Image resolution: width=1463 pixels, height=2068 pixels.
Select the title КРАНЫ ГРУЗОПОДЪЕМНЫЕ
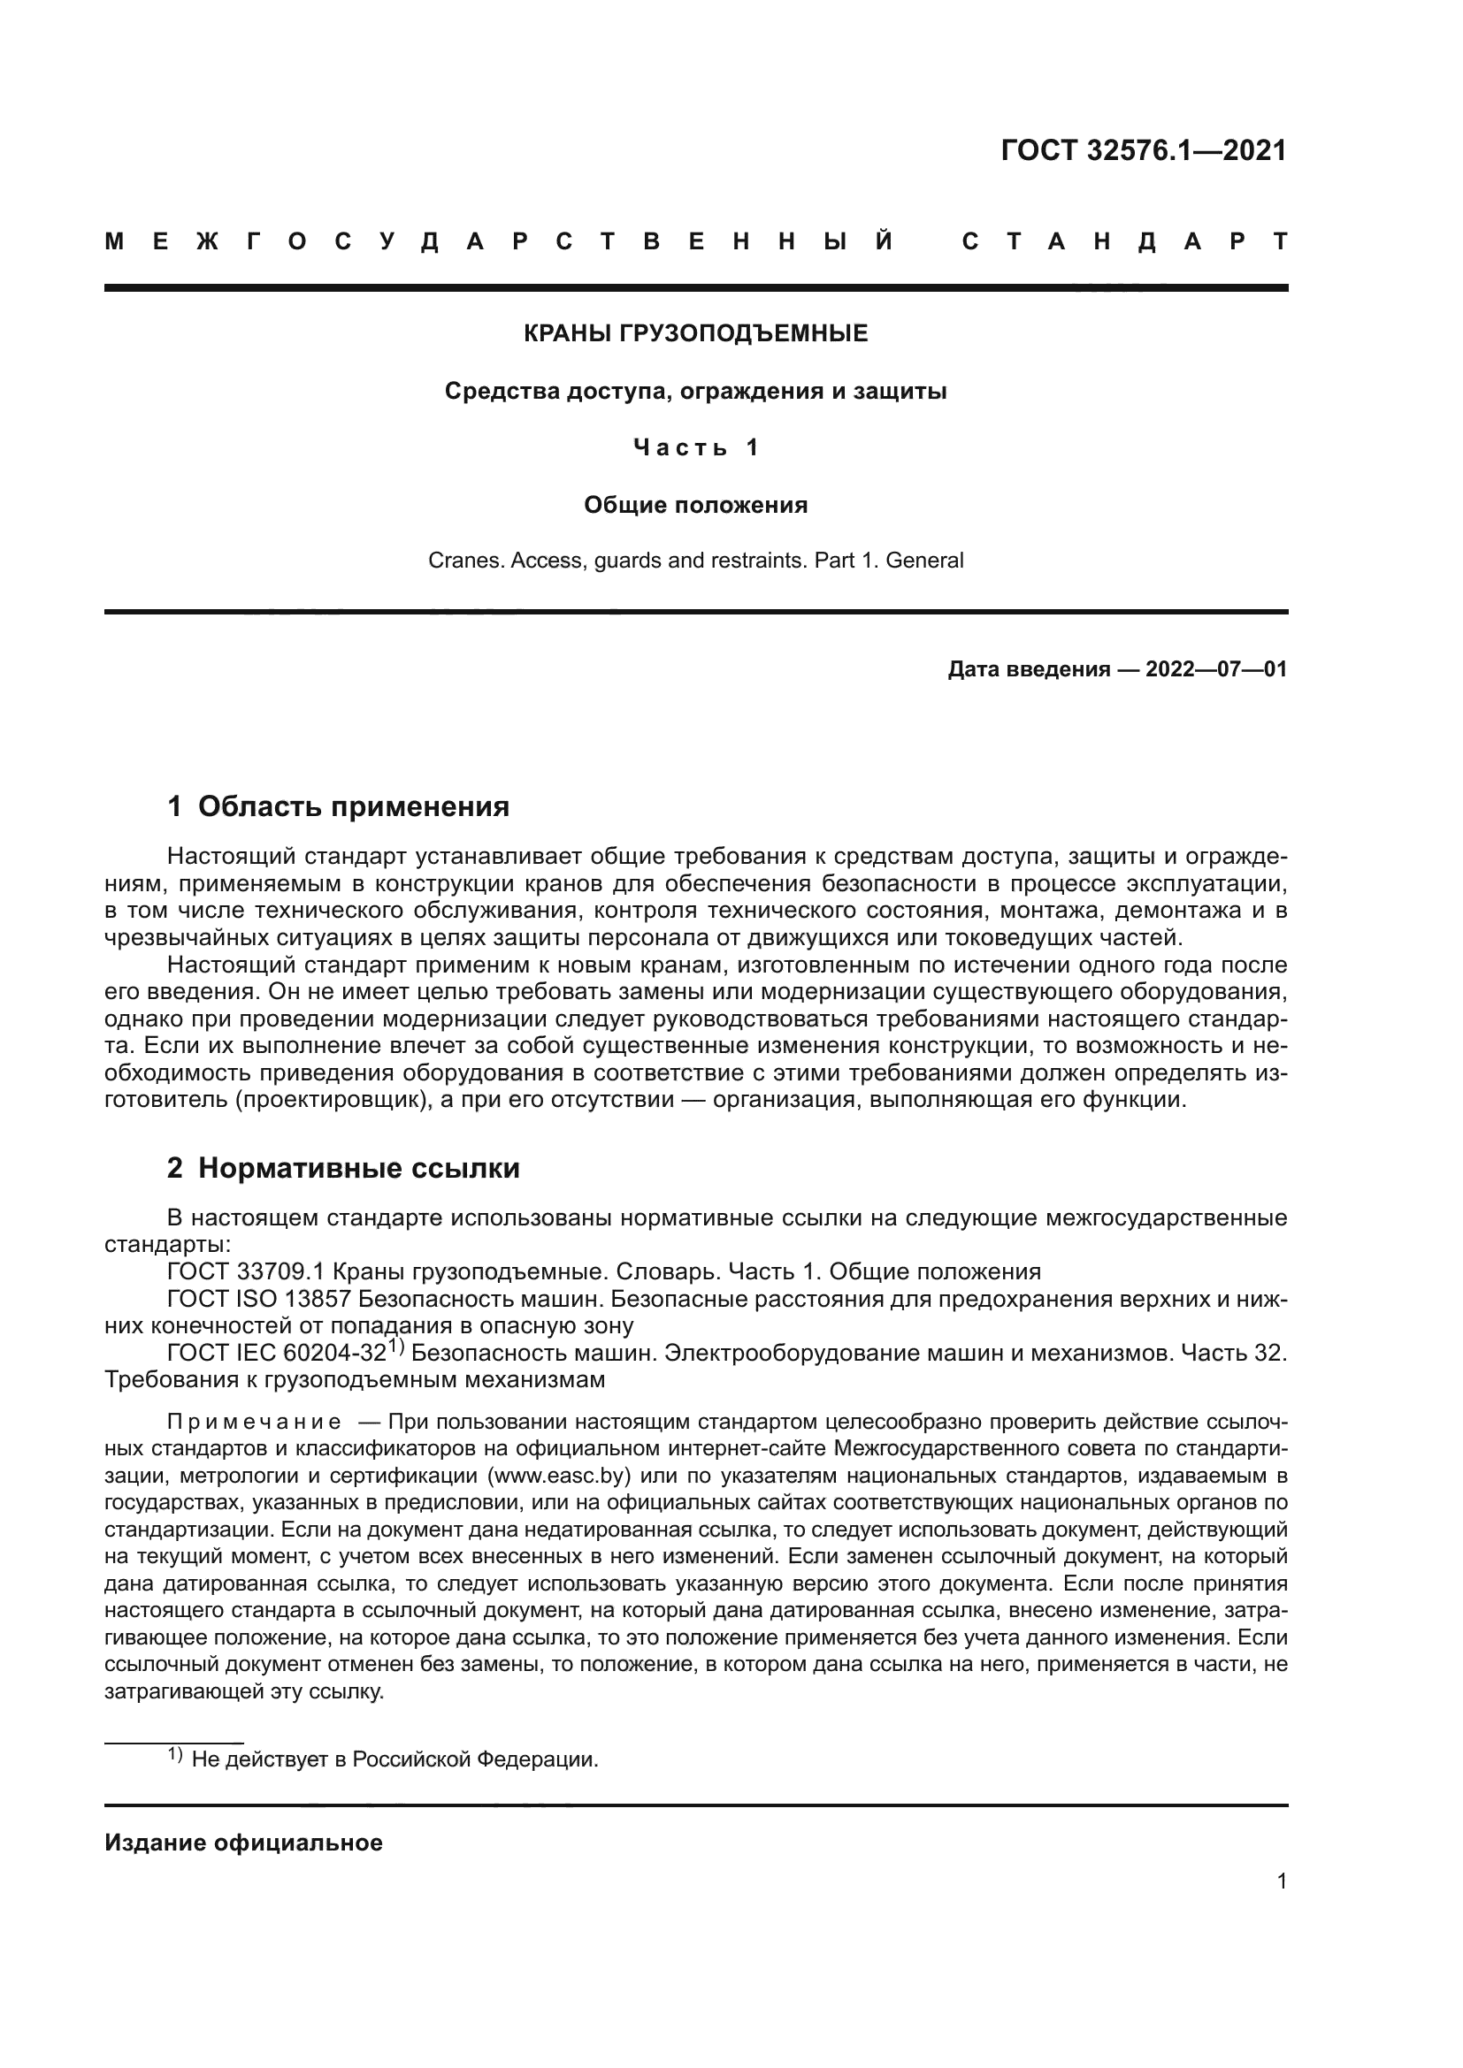click(x=695, y=334)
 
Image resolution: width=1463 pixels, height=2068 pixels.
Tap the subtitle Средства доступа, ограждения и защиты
click(x=695, y=392)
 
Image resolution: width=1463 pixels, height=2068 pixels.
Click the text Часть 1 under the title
click(x=695, y=447)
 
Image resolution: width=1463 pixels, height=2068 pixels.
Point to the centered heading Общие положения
click(x=695, y=506)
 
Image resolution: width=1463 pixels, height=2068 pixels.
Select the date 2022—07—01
click(x=1216, y=669)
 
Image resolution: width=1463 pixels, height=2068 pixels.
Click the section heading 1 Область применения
click(x=339, y=806)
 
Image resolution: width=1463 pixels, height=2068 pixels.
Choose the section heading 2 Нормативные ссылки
click(x=343, y=1168)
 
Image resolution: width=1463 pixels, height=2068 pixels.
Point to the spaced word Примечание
click(x=254, y=1423)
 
